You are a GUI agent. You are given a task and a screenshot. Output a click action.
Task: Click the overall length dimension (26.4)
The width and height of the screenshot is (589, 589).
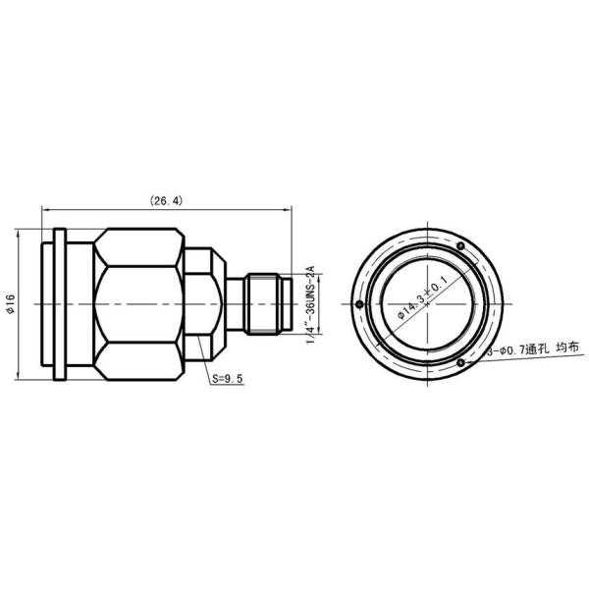[166, 200]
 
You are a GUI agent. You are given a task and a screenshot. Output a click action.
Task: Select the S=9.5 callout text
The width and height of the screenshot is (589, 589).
[226, 378]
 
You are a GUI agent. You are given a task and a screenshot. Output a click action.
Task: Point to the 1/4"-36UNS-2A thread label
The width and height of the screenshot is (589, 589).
[310, 304]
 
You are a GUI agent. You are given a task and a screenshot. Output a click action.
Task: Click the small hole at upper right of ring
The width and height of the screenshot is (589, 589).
[460, 245]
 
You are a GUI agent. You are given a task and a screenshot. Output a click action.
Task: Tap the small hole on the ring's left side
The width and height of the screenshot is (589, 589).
[361, 303]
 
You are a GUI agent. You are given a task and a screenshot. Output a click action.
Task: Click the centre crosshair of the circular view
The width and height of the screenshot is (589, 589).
[429, 304]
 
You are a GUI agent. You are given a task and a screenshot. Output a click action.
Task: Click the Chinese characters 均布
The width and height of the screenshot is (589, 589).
[568, 349]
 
